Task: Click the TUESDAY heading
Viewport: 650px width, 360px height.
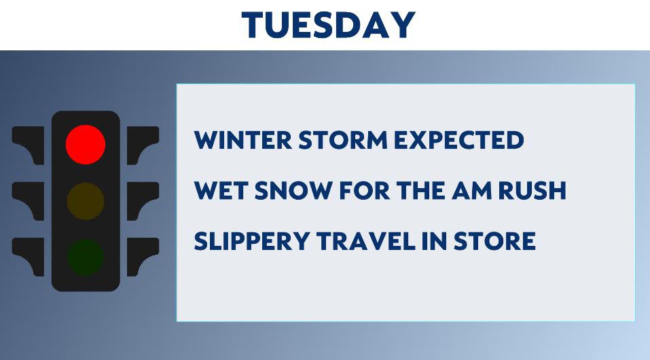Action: [328, 25]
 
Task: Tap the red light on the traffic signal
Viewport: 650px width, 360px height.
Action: [86, 144]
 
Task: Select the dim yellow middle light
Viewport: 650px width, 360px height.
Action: [86, 201]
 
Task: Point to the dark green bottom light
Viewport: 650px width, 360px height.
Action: [86, 257]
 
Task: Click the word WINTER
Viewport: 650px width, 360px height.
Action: [243, 140]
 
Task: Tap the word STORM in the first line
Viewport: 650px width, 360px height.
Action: [343, 140]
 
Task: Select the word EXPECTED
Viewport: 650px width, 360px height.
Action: [459, 140]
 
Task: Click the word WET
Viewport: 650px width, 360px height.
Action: [221, 191]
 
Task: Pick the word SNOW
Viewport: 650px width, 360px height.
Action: [293, 191]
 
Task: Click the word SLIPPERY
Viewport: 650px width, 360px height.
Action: [251, 241]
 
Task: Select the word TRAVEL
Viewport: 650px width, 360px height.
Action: [366, 241]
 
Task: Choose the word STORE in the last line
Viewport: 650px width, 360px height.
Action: [494, 241]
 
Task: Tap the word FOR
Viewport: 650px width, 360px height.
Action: [364, 191]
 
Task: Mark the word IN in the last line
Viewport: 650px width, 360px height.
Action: [435, 241]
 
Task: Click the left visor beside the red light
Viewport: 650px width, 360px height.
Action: [29, 145]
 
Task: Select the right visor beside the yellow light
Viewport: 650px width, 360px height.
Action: [143, 201]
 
